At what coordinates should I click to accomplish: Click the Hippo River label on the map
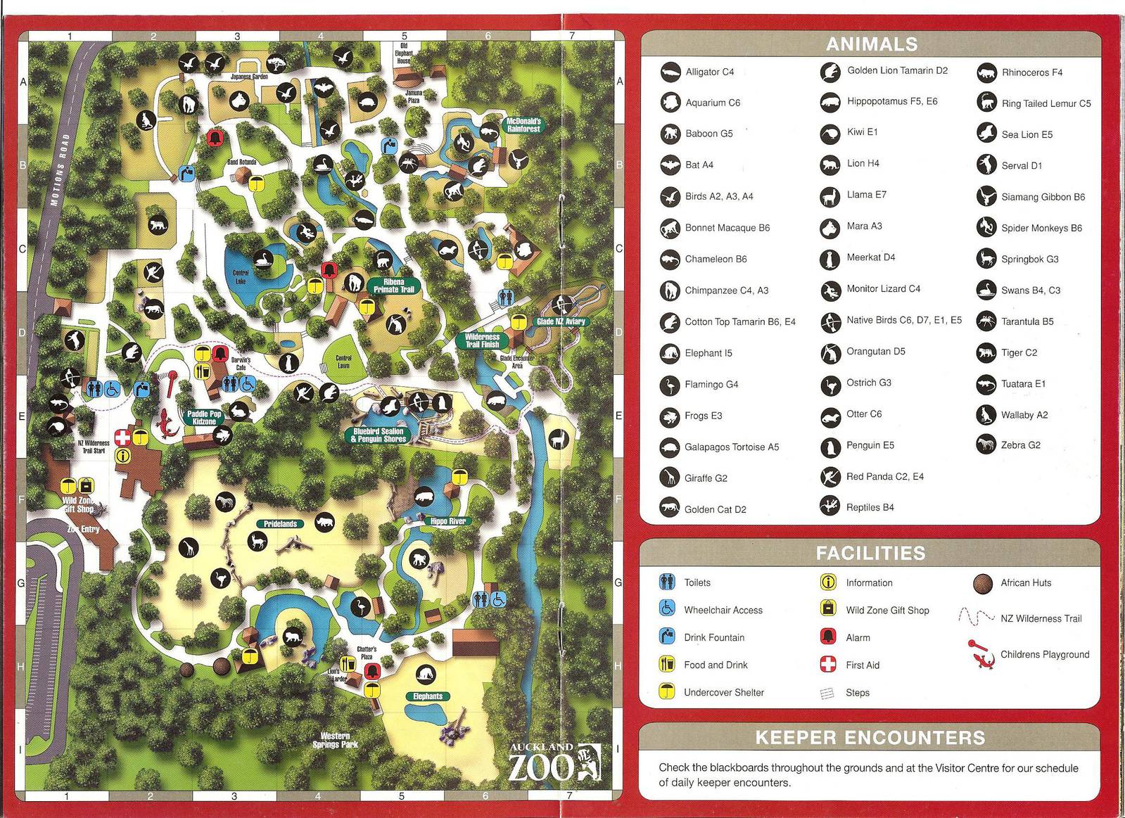coord(447,521)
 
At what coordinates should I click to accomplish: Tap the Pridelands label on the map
coord(281,524)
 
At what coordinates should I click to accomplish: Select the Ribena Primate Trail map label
coord(394,286)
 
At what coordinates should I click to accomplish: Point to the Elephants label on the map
coord(428,696)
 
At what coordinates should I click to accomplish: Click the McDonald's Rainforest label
coord(523,125)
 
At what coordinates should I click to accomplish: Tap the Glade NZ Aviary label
coord(560,321)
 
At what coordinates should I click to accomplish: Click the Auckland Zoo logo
coord(555,763)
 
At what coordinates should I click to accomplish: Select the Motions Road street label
coord(60,170)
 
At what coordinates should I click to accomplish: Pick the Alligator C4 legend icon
coord(670,72)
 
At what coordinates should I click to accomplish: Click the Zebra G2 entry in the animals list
coord(1020,445)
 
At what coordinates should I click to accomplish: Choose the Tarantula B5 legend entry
coord(1027,321)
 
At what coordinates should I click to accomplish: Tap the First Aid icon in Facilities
coord(828,664)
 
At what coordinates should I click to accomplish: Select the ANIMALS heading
coord(871,44)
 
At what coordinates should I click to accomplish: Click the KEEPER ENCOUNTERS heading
coord(870,737)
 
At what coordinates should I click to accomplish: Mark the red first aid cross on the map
coord(122,437)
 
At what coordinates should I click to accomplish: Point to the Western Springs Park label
coord(335,740)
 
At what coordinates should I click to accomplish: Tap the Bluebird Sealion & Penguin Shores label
coord(379,435)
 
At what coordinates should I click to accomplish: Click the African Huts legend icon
coord(983,582)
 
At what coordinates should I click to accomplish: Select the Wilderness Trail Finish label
coord(482,340)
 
